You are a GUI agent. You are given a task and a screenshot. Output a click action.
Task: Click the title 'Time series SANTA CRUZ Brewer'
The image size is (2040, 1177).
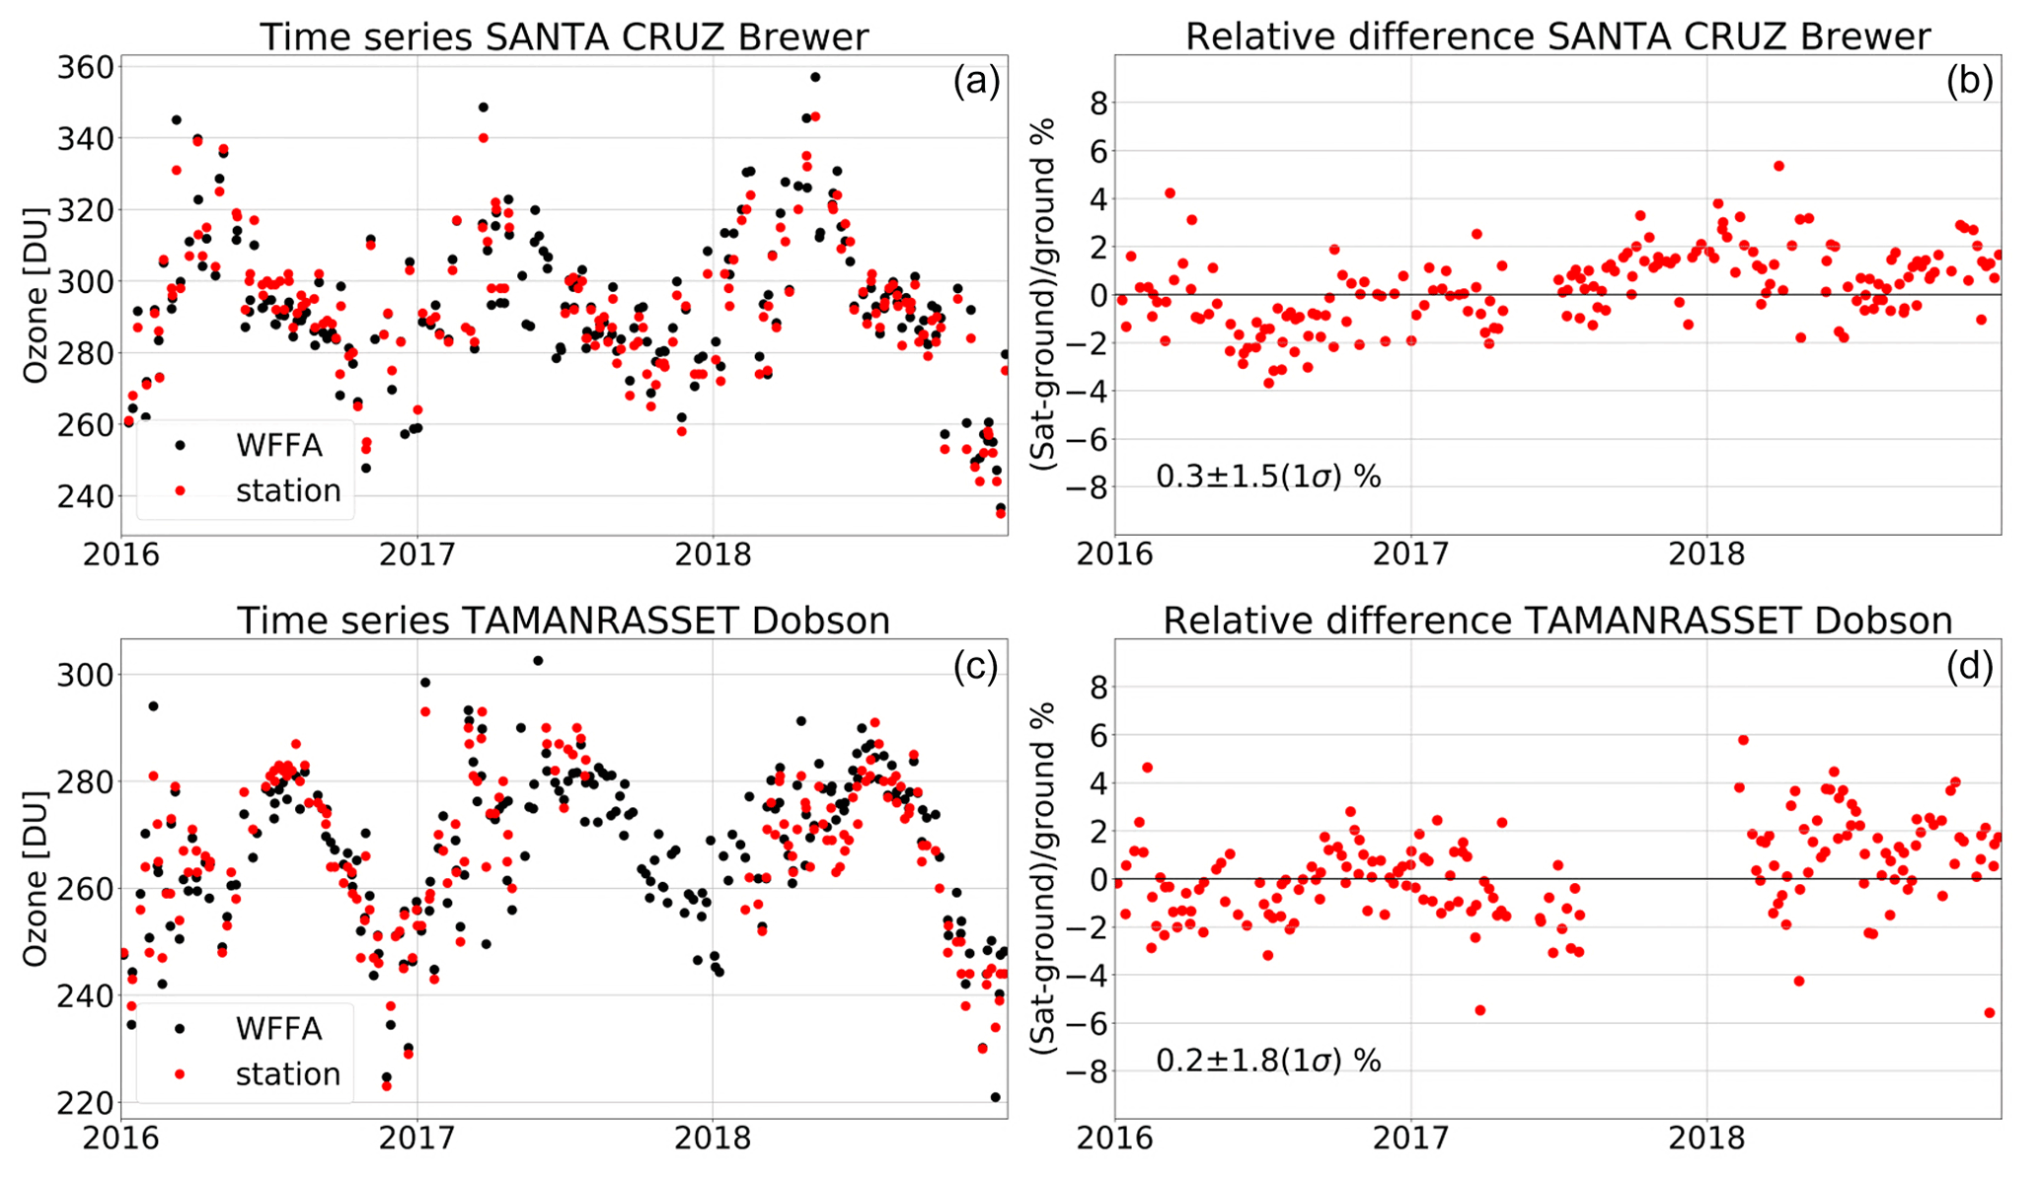coord(564,37)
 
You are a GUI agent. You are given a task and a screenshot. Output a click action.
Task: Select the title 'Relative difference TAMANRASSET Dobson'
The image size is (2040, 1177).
coord(1557,621)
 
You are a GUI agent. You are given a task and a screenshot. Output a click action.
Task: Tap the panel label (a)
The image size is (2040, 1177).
coord(976,82)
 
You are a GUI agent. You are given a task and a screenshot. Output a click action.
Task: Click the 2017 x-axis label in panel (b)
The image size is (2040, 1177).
coord(1410,554)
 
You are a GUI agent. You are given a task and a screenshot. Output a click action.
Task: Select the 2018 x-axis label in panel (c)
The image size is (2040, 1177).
coord(712,1138)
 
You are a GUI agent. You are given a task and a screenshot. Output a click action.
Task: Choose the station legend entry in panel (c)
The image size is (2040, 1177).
coord(287,1074)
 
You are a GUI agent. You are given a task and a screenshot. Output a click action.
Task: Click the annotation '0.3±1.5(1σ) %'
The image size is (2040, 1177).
coord(1268,478)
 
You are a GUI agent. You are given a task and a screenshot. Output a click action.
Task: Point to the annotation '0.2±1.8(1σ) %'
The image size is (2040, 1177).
coord(1268,1062)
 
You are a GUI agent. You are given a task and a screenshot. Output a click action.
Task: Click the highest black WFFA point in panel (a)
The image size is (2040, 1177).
coord(815,77)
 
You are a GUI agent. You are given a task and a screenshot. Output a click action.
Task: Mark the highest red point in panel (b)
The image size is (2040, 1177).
coord(1778,166)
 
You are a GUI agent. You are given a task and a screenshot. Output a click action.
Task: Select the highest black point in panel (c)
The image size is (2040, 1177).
coord(537,661)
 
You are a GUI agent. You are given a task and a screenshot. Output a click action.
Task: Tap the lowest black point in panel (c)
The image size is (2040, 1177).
coord(995,1097)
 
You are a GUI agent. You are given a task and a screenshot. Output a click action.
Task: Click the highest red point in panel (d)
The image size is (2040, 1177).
coord(1743,740)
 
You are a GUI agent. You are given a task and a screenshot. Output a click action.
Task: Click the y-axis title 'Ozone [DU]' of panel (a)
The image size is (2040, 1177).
coord(36,295)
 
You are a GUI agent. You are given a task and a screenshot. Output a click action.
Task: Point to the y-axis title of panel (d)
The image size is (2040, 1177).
coord(1044,878)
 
